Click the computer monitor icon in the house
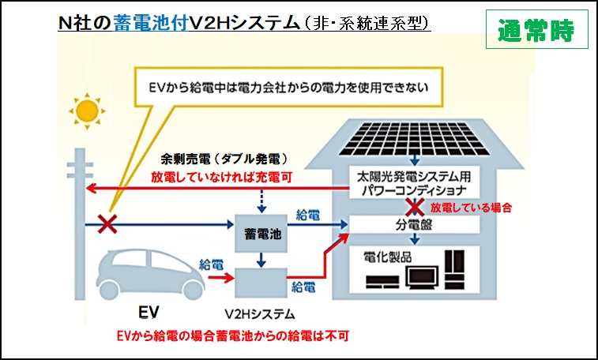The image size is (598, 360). [x=423, y=277]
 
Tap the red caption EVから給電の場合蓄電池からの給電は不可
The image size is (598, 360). [x=231, y=336]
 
